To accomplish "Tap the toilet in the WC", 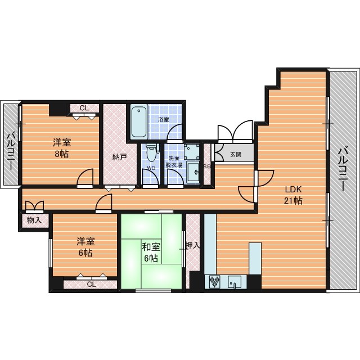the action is (151, 153).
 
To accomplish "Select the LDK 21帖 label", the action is (293, 195).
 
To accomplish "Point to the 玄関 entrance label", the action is (236, 154).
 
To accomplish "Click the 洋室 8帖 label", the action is (62, 148).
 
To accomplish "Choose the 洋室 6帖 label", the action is (85, 247).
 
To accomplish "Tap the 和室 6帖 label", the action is (151, 253).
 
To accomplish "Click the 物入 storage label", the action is (34, 220).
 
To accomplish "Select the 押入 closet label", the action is (192, 245).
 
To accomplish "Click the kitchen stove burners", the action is (215, 281).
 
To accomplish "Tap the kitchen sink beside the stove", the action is (235, 281).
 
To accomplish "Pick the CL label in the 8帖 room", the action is (84, 108).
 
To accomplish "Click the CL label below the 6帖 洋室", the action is (91, 285).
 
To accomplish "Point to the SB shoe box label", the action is (207, 167).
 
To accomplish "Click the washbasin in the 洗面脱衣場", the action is (193, 172).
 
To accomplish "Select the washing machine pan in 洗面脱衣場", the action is (192, 151).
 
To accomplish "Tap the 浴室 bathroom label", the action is (164, 120).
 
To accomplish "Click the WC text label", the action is (151, 168).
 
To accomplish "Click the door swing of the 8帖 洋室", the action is (85, 177).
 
